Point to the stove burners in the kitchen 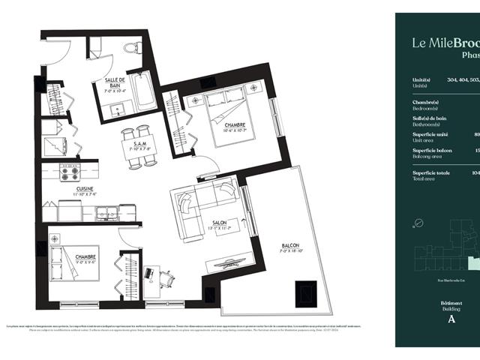[x=69, y=173]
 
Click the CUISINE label [x=84, y=190]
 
